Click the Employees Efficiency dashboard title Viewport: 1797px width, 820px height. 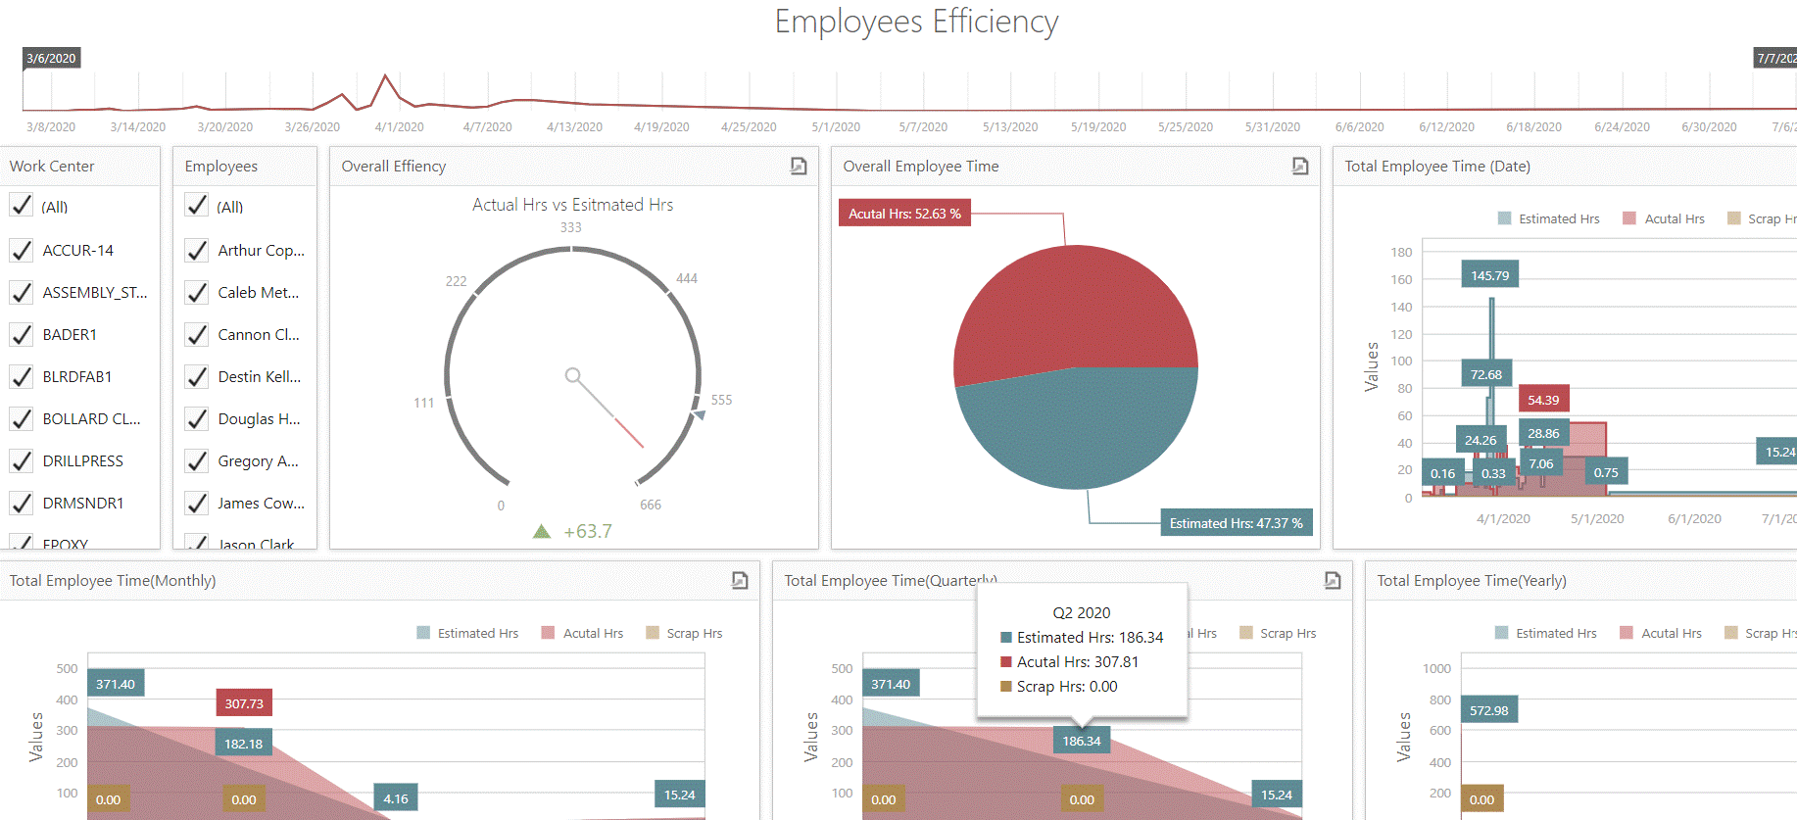click(x=916, y=22)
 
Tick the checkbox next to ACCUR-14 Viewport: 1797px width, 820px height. click(x=22, y=251)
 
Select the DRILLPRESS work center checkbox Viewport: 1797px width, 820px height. click(x=22, y=461)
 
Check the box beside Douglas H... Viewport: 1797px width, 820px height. click(x=197, y=419)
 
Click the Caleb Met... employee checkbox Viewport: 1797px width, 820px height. click(x=197, y=293)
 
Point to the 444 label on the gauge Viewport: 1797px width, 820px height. click(x=687, y=278)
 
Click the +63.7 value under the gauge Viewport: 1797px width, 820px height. click(x=588, y=532)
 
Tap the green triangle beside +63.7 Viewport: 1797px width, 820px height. click(x=542, y=531)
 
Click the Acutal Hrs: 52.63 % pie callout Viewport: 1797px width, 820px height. click(x=904, y=214)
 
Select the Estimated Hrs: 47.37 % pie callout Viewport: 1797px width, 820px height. click(x=1236, y=523)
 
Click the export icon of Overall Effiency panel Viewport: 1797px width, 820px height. click(x=799, y=167)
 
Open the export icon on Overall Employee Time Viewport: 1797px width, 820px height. click(x=1300, y=167)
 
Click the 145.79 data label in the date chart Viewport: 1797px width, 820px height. click(x=1489, y=275)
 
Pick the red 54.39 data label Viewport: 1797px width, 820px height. click(x=1543, y=400)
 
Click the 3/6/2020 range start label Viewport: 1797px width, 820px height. click(x=51, y=59)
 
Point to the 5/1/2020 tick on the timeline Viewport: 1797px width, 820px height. click(x=836, y=127)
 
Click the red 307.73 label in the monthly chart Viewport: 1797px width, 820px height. click(x=244, y=703)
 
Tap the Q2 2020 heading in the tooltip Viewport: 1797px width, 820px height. click(x=1082, y=613)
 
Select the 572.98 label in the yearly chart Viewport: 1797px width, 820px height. click(x=1488, y=710)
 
